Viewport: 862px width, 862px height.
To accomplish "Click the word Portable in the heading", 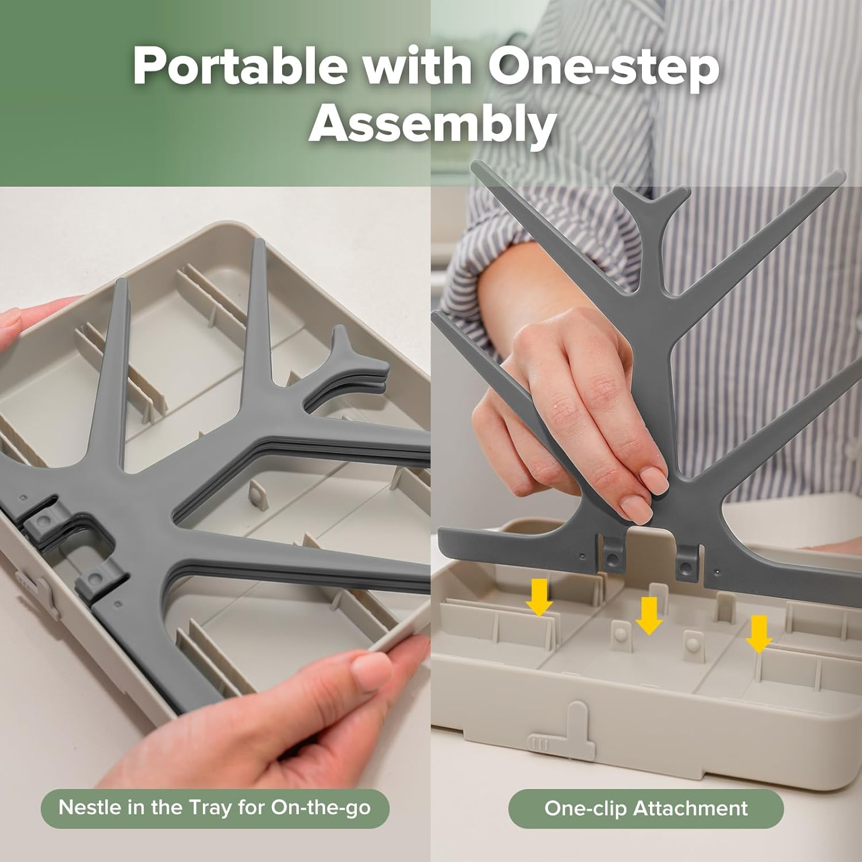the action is point(240,68).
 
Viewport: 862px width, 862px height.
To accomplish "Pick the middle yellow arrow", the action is point(649,615).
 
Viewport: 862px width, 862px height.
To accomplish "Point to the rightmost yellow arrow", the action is point(759,634).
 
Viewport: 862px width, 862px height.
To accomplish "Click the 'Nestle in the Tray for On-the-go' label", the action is point(215,809).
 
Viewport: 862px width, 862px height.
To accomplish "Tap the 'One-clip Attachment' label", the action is point(646,809).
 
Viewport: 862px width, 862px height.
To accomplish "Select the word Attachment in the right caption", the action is point(690,809).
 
